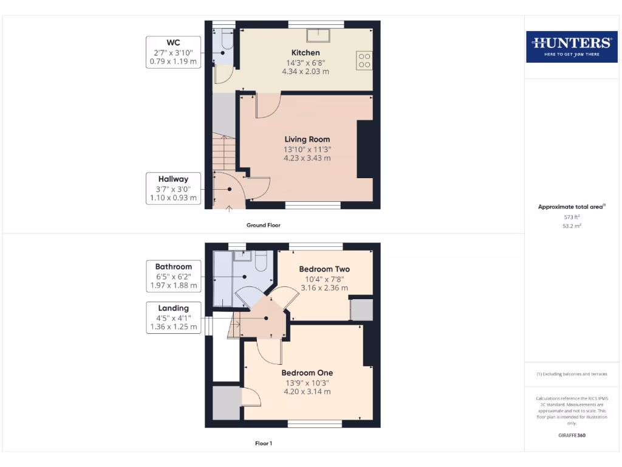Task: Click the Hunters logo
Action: pos(571,46)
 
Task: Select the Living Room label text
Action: pos(307,139)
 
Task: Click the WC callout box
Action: pos(173,52)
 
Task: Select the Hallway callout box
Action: pos(173,189)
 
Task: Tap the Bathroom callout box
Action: pos(173,276)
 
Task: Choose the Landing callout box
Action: pos(173,317)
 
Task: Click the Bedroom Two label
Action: pos(324,269)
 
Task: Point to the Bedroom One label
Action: pos(307,373)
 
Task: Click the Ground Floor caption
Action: pos(263,225)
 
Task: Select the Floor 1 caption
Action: pos(263,443)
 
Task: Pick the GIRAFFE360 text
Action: pos(571,435)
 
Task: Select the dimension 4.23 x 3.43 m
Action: pos(307,158)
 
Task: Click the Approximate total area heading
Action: pos(571,207)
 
